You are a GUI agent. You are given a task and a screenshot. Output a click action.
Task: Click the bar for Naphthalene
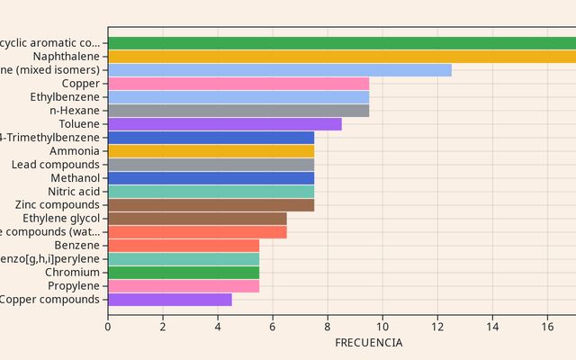click(342, 57)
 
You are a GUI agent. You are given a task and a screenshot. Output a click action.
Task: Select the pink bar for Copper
click(238, 84)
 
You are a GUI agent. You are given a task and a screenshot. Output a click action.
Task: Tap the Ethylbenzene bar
click(238, 97)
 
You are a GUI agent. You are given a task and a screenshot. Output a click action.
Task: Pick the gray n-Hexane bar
click(238, 111)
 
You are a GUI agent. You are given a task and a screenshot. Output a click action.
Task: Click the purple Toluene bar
click(225, 124)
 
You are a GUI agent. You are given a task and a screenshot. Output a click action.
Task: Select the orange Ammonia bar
click(211, 151)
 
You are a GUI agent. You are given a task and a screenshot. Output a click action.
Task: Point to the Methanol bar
click(211, 178)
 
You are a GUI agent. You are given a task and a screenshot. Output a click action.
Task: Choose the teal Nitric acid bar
click(211, 192)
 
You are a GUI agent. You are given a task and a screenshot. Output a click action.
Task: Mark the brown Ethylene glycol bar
click(197, 219)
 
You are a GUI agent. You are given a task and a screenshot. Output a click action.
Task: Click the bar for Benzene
click(184, 246)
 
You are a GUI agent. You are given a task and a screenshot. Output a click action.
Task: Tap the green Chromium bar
click(184, 273)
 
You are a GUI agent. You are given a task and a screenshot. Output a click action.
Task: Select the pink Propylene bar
click(184, 286)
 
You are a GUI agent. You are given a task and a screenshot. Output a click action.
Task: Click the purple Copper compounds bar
click(170, 300)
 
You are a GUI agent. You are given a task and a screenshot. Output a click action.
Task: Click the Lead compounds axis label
click(56, 165)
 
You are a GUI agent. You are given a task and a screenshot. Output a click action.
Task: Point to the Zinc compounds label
click(58, 205)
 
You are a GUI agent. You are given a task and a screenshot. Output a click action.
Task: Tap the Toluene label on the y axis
click(79, 124)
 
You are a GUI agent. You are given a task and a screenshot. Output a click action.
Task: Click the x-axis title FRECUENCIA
click(369, 343)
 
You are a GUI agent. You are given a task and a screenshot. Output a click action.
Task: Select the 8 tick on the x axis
click(328, 327)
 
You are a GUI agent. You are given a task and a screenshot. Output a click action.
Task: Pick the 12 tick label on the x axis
click(437, 327)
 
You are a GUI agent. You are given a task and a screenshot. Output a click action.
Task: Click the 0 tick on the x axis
click(108, 327)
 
